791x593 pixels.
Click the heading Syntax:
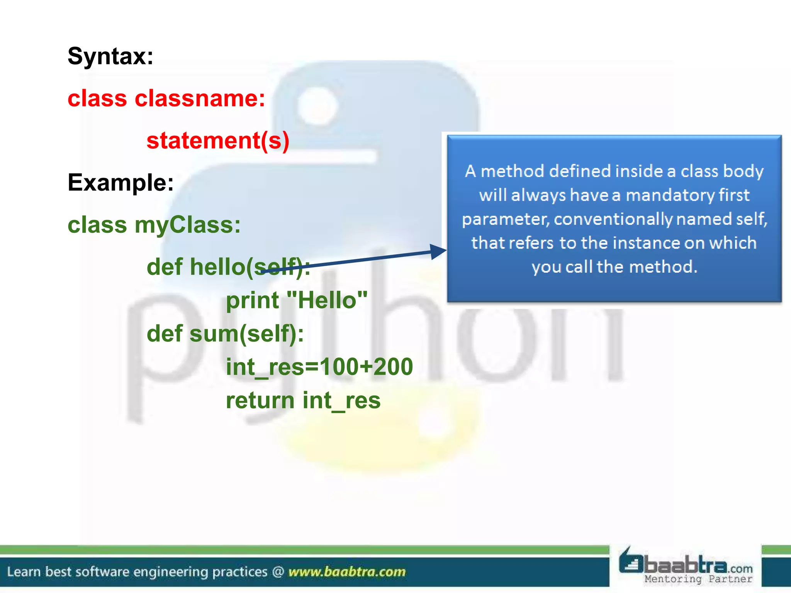(110, 56)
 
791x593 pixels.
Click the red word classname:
(200, 98)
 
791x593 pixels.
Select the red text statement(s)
(218, 141)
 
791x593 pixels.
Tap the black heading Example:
(121, 183)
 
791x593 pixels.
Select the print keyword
(252, 301)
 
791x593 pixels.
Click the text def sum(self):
(225, 334)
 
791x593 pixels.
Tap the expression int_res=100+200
(319, 367)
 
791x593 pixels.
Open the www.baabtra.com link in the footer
(347, 571)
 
